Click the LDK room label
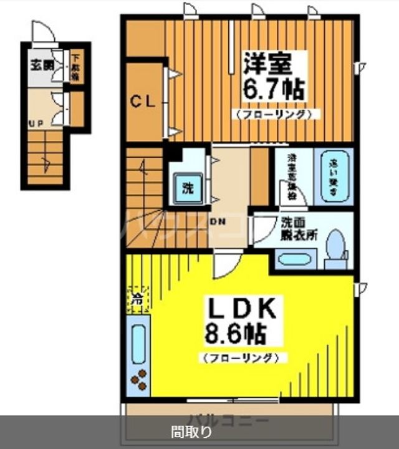[241, 309]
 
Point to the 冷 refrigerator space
[137, 298]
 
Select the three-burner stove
[138, 379]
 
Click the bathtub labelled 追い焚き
[333, 176]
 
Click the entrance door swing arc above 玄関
[41, 31]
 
